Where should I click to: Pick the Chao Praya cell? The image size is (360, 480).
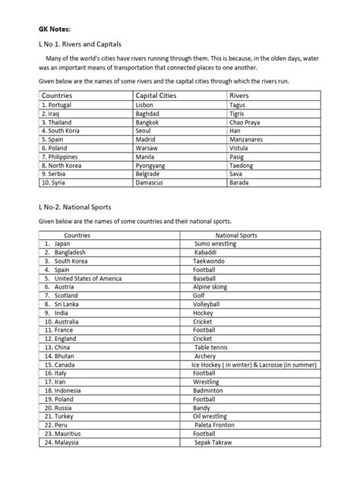tap(245, 122)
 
